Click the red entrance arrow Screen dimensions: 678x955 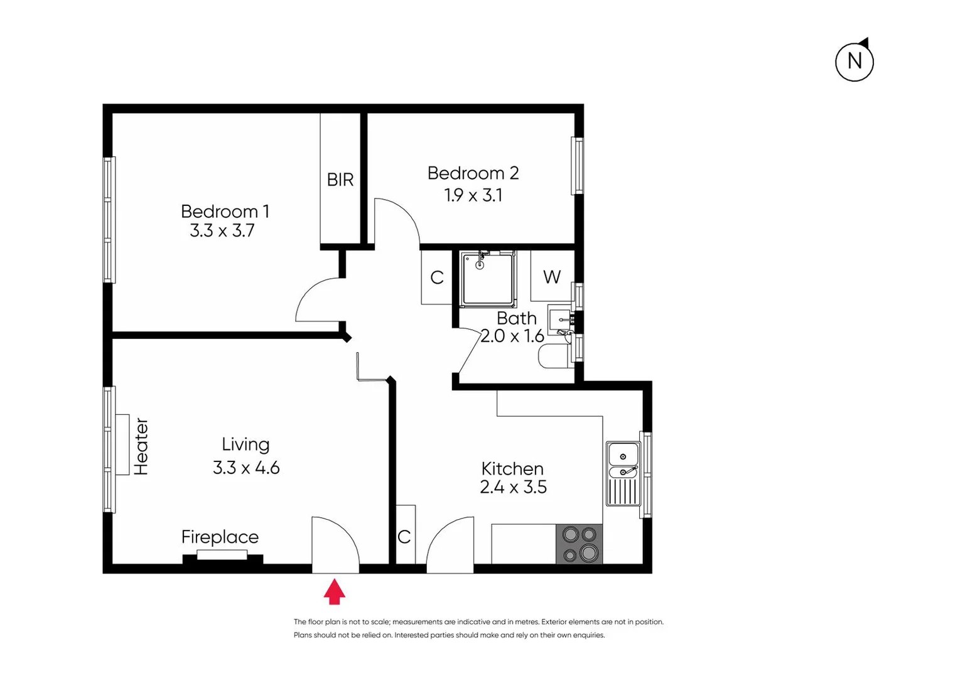pos(334,592)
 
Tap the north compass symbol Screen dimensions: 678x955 pos(854,62)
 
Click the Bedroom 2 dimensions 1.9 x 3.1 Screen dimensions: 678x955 pos(473,195)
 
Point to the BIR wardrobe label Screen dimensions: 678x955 pos(340,180)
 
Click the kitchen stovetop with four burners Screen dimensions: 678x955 pos(579,544)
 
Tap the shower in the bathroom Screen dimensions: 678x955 pos(487,279)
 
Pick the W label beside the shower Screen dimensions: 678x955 pos(551,277)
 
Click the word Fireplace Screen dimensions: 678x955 pos(220,537)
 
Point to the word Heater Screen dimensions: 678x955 pos(141,446)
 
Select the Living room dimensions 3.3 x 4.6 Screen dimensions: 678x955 pos(246,468)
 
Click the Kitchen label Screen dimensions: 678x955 pos(512,468)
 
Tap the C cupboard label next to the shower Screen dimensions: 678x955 pos(437,277)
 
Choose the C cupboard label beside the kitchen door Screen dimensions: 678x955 pos(404,537)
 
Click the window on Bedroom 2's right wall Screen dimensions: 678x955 pos(577,166)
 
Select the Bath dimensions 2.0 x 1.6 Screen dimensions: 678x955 pos(512,336)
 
